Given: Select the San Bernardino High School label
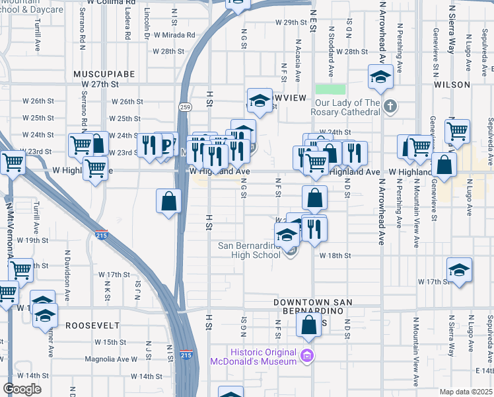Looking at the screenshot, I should click(249, 250).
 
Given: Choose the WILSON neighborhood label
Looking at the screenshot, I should click(452, 85).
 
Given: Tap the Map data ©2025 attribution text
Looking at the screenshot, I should click(466, 392).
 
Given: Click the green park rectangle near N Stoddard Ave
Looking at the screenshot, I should click(330, 89).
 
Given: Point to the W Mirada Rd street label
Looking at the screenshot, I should click(174, 35).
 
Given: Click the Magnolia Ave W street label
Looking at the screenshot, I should click(111, 359).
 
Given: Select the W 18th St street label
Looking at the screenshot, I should click(334, 255).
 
